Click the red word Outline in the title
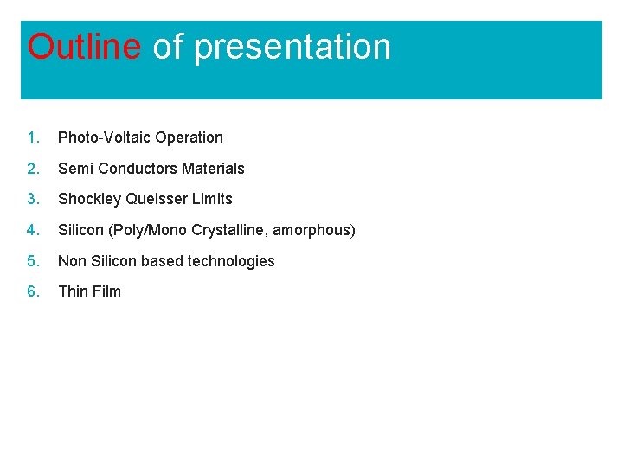pos(83,47)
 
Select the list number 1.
pos(32,138)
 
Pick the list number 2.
pos(32,169)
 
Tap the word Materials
pos(213,169)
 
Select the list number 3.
pos(32,199)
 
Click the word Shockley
pos(89,200)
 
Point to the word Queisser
pos(157,199)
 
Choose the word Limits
pos(212,199)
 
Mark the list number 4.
pos(32,230)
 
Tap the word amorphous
pos(311,231)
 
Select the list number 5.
pos(32,261)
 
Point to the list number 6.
pos(32,291)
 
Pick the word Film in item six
pos(106,291)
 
